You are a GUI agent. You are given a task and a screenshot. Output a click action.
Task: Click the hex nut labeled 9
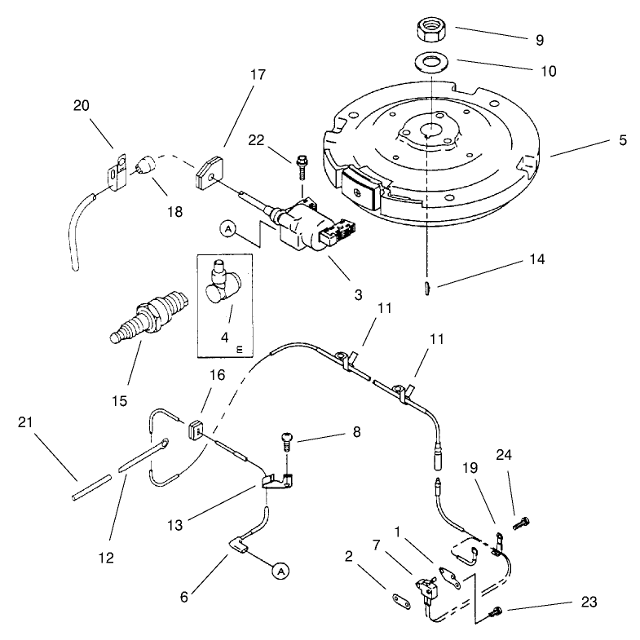[431, 31]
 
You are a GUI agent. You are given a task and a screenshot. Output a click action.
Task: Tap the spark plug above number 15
[149, 316]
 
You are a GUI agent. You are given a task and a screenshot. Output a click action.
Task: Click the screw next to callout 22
[302, 167]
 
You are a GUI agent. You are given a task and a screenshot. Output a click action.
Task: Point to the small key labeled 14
[427, 288]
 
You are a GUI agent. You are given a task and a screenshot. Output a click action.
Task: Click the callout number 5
[622, 140]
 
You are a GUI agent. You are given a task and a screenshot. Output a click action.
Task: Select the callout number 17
[258, 75]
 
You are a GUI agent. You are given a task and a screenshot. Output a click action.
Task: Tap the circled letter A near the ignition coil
[228, 229]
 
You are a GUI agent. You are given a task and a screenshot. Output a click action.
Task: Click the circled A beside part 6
[280, 571]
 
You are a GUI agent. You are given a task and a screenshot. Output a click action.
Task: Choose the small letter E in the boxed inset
[239, 350]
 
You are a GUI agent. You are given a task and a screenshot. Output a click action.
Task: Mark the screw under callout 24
[521, 523]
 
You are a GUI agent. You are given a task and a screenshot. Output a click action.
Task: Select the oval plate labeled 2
[402, 601]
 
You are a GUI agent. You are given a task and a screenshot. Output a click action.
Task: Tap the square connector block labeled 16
[196, 430]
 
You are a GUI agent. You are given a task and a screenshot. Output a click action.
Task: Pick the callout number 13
[175, 525]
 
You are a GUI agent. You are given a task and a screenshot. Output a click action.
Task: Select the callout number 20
[82, 106]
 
